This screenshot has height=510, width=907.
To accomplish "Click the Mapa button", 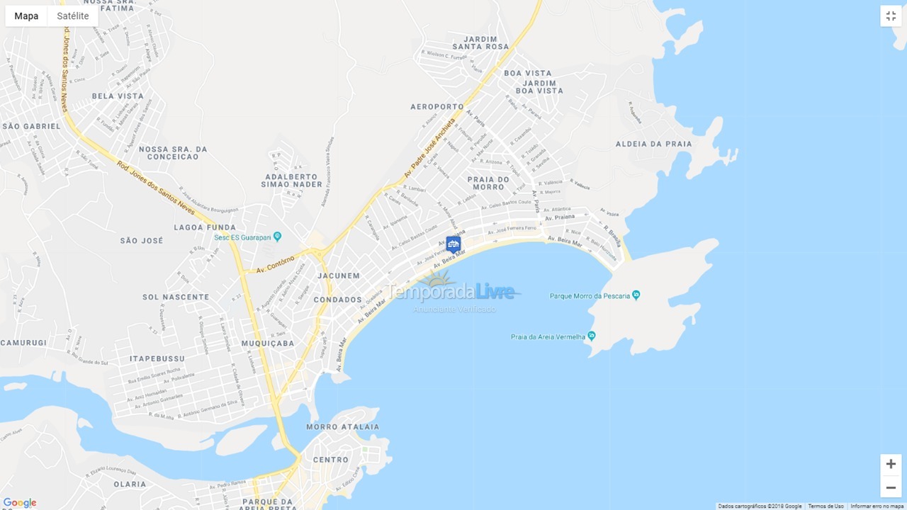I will [x=26, y=16].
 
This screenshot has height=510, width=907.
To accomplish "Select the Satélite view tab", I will [x=73, y=16].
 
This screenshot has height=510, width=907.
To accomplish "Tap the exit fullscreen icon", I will [x=891, y=16].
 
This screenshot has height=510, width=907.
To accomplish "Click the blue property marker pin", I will [x=453, y=244].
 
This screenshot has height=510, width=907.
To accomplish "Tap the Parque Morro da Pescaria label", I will [x=590, y=296].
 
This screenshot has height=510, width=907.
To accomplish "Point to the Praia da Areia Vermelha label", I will [x=548, y=337].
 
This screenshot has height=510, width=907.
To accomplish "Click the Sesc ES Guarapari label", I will [x=243, y=237].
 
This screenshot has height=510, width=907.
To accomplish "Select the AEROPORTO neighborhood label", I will [x=436, y=107].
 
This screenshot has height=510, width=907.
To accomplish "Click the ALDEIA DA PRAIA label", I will [x=653, y=144].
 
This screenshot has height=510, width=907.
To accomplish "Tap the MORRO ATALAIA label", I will [x=342, y=427].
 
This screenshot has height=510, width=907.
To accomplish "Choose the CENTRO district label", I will [x=330, y=460].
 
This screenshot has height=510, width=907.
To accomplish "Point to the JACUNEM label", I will [x=339, y=276].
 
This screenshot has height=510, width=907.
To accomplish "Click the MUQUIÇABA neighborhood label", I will [x=268, y=344].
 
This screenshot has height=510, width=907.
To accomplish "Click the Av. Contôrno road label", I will [x=275, y=265].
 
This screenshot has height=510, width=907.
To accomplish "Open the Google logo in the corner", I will [x=20, y=503].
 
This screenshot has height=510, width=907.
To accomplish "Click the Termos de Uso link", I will [x=826, y=506].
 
